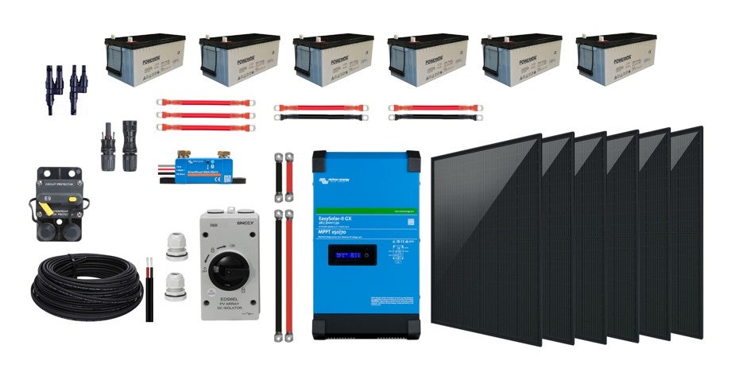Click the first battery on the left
(146, 60)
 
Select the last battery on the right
(617, 60)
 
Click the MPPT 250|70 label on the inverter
(338, 232)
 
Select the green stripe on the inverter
(366, 210)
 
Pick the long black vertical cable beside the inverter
(278, 274)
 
